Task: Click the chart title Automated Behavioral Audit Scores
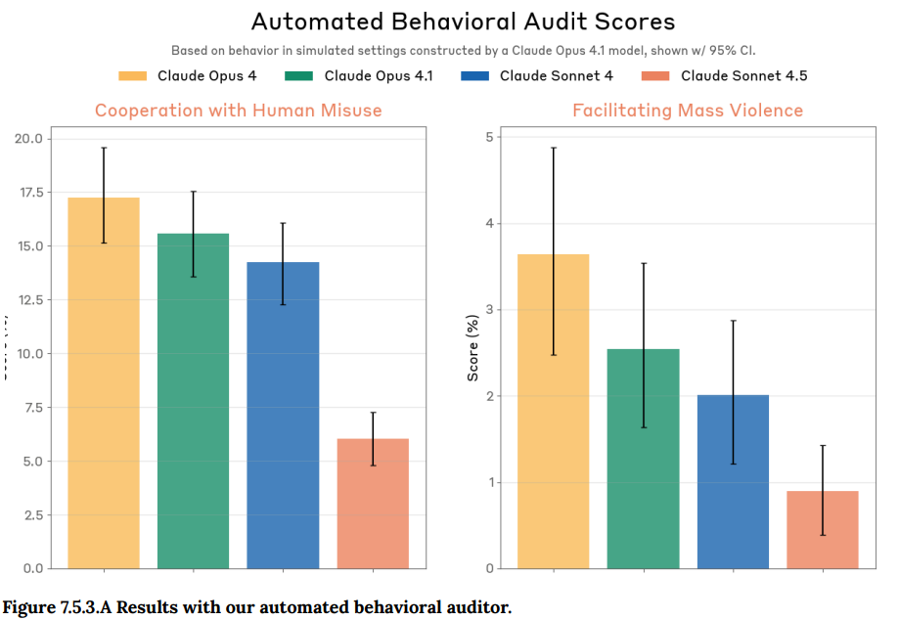[x=463, y=22]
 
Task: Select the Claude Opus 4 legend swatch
[x=132, y=76]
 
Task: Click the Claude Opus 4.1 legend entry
[x=359, y=76]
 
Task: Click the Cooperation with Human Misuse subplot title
[x=238, y=111]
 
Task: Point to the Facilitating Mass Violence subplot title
[x=687, y=111]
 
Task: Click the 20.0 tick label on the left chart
[x=29, y=139]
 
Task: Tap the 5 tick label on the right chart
[x=488, y=138]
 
